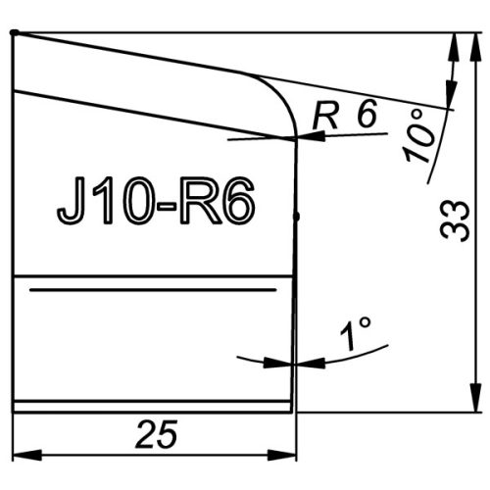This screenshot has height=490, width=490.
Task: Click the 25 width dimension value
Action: (x=157, y=434)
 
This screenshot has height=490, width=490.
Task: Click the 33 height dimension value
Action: (x=455, y=221)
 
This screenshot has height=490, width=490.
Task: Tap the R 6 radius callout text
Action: (x=345, y=115)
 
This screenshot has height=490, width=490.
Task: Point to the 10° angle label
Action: (x=418, y=135)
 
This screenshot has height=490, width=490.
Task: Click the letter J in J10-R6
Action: (x=70, y=200)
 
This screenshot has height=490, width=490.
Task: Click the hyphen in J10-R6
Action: (x=167, y=206)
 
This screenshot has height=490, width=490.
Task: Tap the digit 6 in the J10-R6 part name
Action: (x=238, y=200)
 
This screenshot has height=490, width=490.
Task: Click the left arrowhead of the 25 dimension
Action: (x=26, y=455)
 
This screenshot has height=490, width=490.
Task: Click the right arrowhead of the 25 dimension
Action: (x=281, y=455)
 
